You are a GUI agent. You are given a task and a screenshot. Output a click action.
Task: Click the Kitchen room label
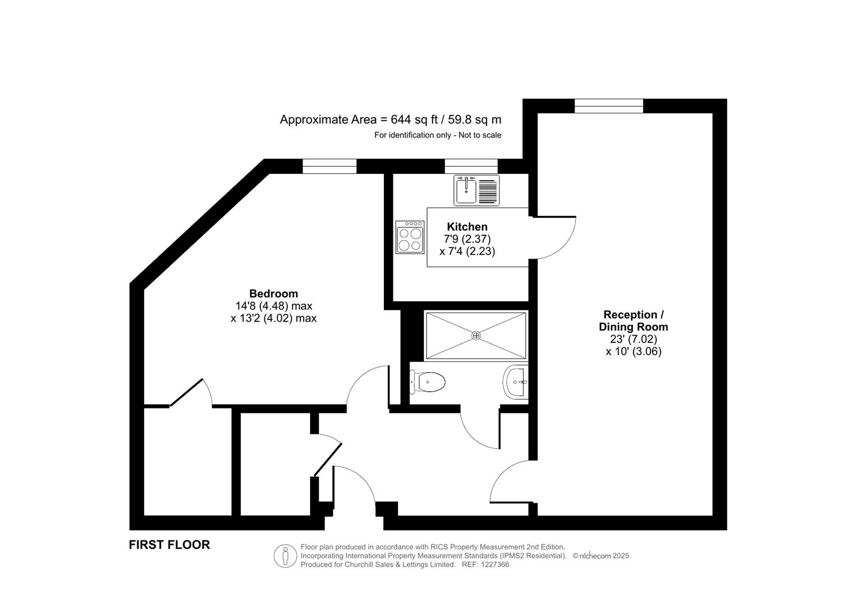tap(467, 227)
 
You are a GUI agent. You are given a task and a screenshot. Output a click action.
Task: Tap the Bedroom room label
tap(273, 293)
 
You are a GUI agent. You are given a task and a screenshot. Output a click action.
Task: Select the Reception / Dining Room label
tap(633, 320)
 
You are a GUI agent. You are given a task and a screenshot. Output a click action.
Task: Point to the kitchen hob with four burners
tap(410, 237)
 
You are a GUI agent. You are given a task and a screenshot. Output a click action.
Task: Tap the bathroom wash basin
tap(516, 382)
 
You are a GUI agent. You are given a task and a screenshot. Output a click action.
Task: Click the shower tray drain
tap(476, 336)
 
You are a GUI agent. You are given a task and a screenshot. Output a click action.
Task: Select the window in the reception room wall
tap(609, 105)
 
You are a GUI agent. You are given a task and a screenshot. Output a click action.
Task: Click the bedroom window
tap(329, 166)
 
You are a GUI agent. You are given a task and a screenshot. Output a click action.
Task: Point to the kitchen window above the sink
tap(471, 166)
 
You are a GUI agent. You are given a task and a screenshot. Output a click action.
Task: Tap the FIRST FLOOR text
tap(169, 545)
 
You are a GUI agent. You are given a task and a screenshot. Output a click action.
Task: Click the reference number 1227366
tap(494, 565)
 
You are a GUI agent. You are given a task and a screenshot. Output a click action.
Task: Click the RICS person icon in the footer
tap(285, 556)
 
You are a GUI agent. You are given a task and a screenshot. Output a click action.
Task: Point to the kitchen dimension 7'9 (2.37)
tap(467, 239)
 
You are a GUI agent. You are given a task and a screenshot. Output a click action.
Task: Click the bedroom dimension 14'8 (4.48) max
tap(273, 306)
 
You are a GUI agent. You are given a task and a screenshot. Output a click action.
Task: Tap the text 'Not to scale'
tap(480, 135)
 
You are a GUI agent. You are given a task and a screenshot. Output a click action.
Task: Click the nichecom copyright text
tap(602, 556)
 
